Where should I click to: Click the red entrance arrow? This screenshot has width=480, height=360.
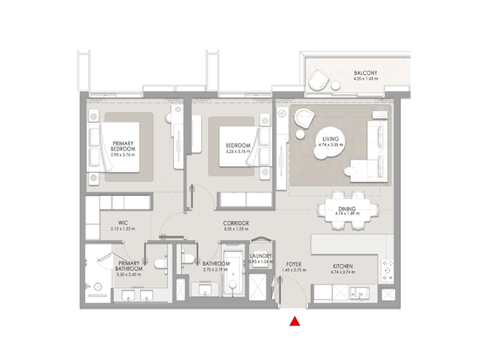click(x=294, y=322)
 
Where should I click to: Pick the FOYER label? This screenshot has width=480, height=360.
click(x=293, y=264)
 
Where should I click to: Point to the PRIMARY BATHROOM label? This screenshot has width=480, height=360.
click(x=130, y=266)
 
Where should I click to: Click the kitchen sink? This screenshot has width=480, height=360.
click(x=358, y=292)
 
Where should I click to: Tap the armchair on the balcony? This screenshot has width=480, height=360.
click(x=318, y=81)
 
